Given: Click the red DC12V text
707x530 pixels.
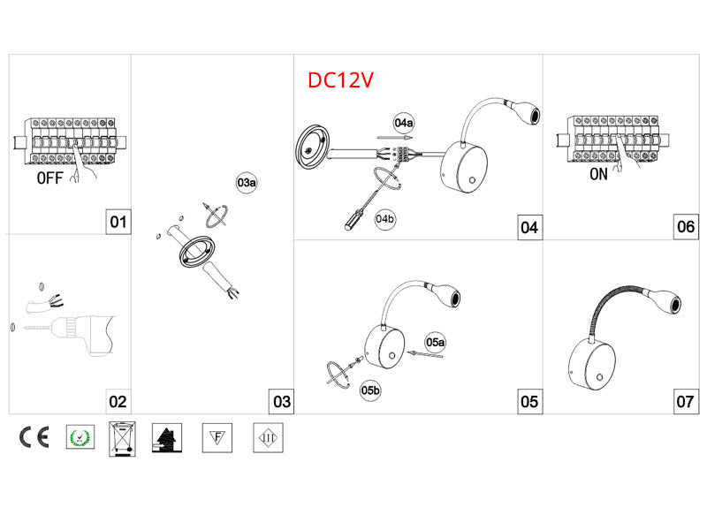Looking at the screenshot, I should pos(341,80).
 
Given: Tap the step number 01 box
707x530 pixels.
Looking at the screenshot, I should pos(118,222).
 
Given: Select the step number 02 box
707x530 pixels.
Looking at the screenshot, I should pos(118,401).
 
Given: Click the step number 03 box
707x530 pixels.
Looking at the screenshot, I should pos(281,401).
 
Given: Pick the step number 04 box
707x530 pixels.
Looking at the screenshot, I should pos(528,227).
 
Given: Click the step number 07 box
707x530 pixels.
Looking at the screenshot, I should pos(685,401).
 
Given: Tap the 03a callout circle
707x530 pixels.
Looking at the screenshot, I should pos(247,183).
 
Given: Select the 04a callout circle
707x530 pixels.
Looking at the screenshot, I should pos(405,123).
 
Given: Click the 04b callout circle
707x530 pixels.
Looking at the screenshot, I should pos(384,218).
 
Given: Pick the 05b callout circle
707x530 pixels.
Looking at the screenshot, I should pos(370,390).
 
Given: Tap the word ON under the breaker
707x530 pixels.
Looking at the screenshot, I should pos(598,175).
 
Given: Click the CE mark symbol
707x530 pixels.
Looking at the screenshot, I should pos(34,436).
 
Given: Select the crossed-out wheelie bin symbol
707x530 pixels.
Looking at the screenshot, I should pos(122,438).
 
